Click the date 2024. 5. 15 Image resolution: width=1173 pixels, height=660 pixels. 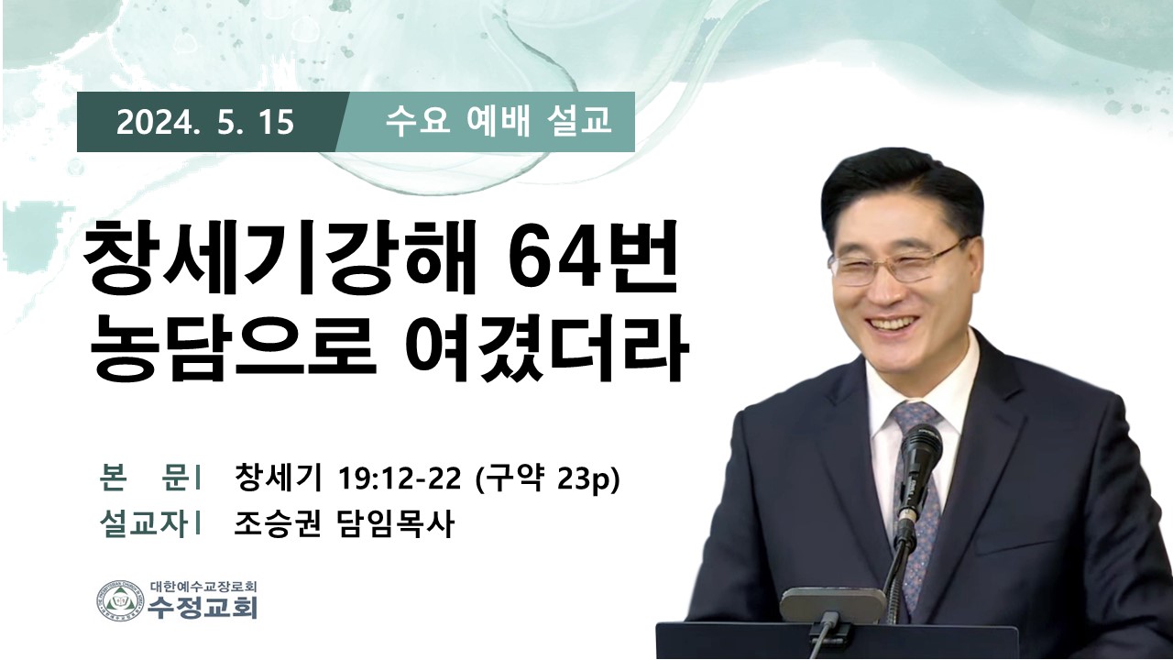click(205, 123)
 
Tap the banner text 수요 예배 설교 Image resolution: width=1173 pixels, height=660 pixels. click(498, 121)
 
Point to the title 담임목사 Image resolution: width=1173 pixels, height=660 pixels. click(393, 523)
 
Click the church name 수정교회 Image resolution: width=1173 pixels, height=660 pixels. click(203, 609)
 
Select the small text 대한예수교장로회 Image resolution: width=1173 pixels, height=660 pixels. click(203, 586)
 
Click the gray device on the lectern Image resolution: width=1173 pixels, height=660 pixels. click(833, 605)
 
